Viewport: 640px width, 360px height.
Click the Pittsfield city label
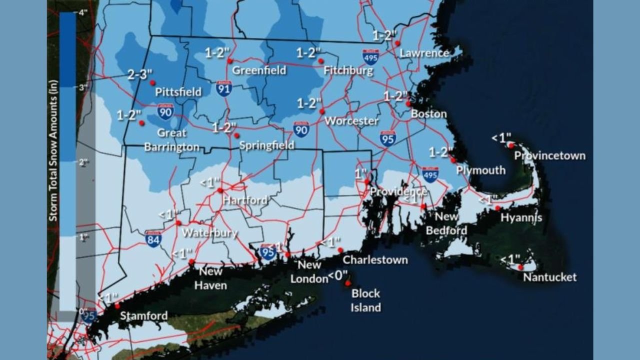(x=178, y=92)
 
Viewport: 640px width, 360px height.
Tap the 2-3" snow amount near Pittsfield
(x=139, y=75)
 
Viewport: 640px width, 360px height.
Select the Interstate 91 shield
(x=224, y=88)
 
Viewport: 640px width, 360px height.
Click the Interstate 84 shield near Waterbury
(x=153, y=238)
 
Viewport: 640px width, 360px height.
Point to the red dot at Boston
(x=408, y=104)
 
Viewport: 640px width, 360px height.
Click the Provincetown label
(x=549, y=155)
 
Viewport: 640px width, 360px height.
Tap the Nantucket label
(x=549, y=277)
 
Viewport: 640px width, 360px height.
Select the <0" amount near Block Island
(x=337, y=275)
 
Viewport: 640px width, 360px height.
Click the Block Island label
(x=365, y=300)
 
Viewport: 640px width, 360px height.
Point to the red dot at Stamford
(x=117, y=306)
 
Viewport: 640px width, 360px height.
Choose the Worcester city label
(x=351, y=121)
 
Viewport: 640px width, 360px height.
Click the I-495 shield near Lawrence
(x=370, y=57)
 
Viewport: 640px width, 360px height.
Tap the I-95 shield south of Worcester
(x=387, y=138)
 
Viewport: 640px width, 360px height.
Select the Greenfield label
(x=259, y=70)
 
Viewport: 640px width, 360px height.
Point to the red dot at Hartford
(x=220, y=190)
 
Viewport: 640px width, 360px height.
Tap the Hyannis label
(x=521, y=218)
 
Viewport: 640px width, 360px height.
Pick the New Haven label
(x=210, y=278)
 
